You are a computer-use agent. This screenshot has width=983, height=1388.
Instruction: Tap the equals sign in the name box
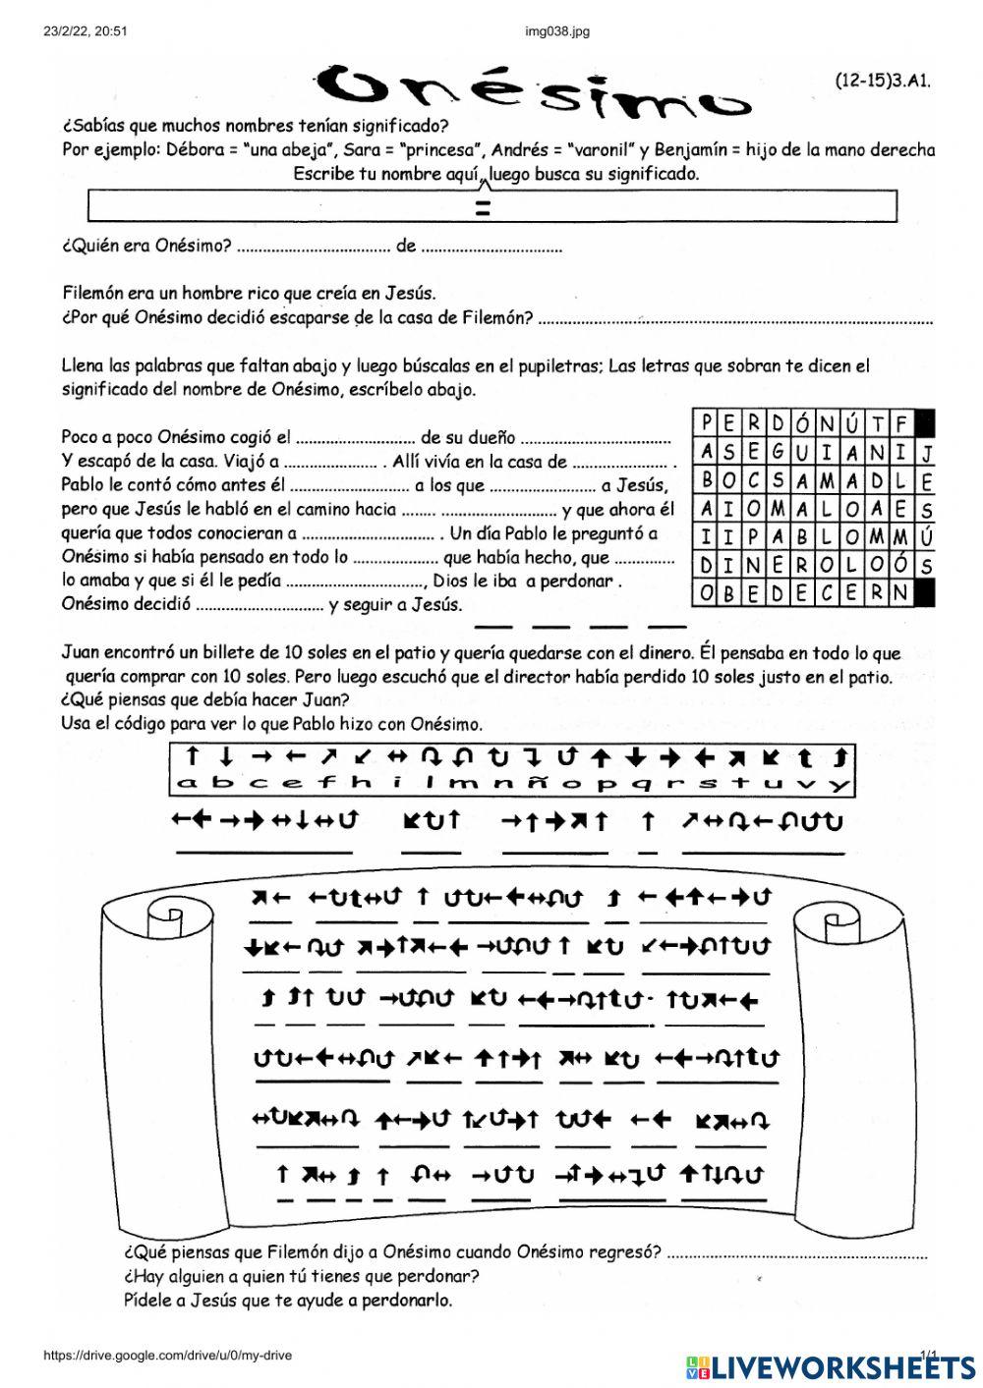[x=483, y=207]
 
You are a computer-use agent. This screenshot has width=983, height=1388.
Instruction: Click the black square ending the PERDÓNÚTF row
[x=924, y=423]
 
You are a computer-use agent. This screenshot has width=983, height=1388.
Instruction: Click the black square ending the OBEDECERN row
[x=924, y=592]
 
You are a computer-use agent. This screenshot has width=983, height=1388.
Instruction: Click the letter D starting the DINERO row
[x=706, y=565]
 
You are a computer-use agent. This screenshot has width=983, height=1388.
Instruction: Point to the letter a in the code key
[x=189, y=784]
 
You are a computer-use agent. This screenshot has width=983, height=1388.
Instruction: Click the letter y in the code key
[x=838, y=784]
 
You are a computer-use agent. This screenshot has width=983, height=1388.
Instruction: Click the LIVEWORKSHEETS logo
[x=831, y=1365]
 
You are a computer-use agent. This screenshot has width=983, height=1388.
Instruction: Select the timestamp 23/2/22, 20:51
[x=87, y=31]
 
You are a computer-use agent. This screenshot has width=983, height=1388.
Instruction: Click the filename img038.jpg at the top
[x=557, y=31]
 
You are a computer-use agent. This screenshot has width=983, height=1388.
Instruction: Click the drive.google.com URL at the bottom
[x=167, y=1356]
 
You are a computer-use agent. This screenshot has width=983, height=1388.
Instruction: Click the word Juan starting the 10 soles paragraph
[x=81, y=653]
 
